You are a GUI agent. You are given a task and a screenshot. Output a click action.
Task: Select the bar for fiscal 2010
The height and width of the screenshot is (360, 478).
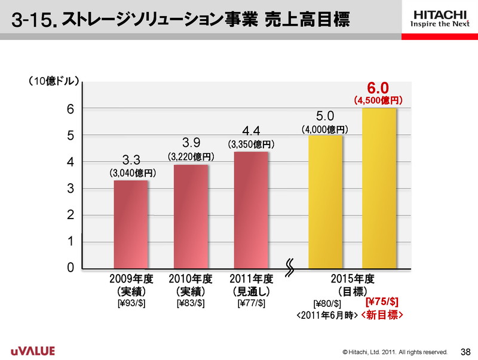point(191,216)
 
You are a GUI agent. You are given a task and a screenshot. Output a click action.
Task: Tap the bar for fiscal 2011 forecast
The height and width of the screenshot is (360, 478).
point(251,210)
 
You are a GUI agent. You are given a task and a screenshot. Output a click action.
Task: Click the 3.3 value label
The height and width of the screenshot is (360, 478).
point(131,160)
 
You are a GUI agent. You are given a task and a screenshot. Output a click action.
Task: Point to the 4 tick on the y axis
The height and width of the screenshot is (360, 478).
point(71,162)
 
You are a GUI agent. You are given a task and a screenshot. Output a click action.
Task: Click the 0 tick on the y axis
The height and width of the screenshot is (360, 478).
point(71,268)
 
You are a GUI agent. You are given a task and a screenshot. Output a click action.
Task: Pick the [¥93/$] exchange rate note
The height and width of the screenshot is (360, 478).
point(131,303)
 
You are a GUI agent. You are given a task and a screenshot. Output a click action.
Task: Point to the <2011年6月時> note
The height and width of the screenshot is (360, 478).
point(327,315)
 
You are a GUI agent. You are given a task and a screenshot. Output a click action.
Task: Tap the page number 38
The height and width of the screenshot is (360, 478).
point(465,350)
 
